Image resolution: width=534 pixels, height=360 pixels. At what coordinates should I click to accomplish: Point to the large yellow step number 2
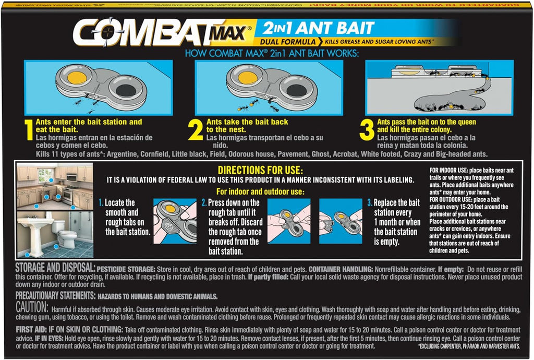pyautogui.click(x=196, y=131)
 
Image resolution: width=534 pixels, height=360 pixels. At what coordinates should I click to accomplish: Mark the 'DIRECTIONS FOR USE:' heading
pyautogui.click(x=260, y=170)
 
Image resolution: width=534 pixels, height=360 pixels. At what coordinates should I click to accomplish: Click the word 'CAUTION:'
pyautogui.click(x=32, y=308)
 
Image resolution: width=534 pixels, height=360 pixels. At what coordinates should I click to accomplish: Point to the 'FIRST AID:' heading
pyautogui.click(x=32, y=330)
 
